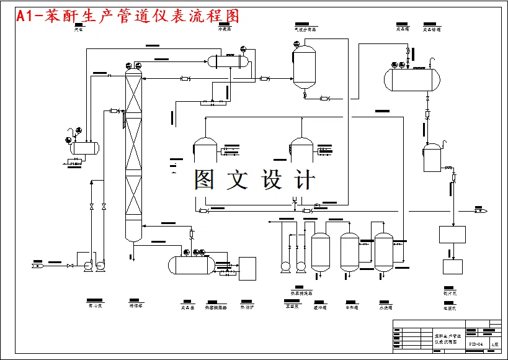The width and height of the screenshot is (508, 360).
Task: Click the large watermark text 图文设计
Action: pos(254,180)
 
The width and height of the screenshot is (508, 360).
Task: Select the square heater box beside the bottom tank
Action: pos(247,268)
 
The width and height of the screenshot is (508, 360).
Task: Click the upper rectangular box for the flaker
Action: pos(452,235)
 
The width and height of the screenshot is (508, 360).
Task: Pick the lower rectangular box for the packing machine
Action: pos(452,266)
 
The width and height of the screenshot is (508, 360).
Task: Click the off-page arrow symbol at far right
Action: pos(481,211)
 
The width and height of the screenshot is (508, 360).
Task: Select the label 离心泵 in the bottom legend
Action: pos(95,306)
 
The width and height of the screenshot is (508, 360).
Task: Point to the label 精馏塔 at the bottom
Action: pos(135,306)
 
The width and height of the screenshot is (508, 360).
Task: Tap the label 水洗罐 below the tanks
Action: pos(385,307)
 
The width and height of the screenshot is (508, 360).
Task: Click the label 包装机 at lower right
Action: pos(450,307)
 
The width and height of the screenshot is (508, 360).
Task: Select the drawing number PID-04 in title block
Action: pos(475,343)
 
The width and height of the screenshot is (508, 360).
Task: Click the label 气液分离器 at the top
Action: pos(305,29)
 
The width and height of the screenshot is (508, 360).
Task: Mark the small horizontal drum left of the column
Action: pos(84,148)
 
